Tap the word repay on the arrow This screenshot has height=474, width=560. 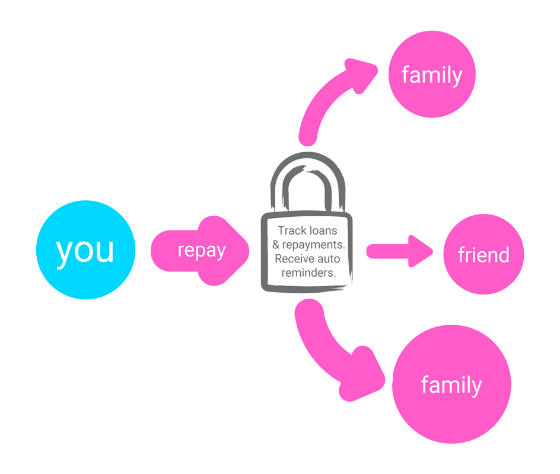[201, 250]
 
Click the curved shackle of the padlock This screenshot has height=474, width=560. [307, 178]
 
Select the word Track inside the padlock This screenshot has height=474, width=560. [291, 230]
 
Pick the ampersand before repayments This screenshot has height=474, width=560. [276, 245]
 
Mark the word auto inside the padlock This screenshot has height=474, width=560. [328, 259]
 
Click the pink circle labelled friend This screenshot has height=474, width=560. [483, 255]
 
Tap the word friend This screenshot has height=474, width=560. [483, 255]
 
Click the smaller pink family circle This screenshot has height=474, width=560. [432, 74]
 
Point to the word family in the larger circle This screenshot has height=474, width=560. [451, 385]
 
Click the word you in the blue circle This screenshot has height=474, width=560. [85, 250]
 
